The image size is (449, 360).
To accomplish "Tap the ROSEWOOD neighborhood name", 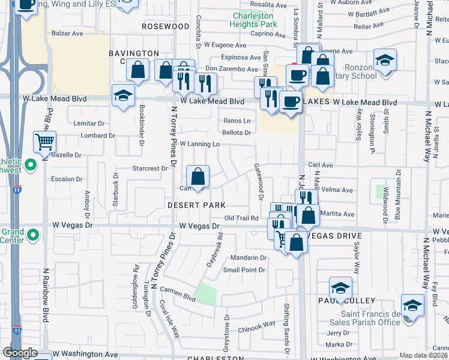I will (166, 27).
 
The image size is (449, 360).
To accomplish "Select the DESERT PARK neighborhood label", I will (196, 205).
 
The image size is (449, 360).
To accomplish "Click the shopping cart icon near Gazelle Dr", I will (45, 143).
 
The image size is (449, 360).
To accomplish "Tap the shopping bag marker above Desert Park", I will (197, 178).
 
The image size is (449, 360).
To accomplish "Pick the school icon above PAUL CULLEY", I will (340, 289).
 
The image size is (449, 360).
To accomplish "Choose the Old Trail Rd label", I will (241, 218).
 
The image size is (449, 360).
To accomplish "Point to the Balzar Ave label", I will (66, 34).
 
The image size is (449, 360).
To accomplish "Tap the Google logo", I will (20, 353).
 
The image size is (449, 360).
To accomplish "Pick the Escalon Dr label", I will (67, 179).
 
